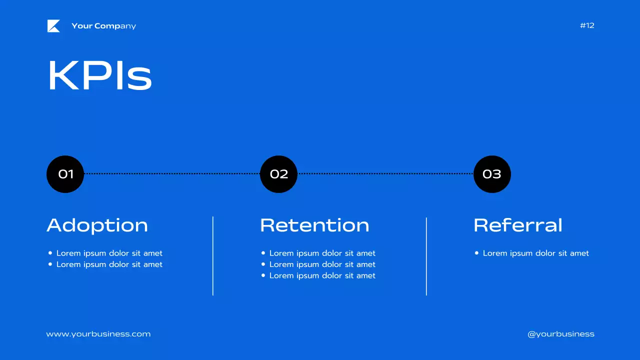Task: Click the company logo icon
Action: click(53, 26)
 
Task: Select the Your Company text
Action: click(103, 26)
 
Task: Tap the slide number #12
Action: click(587, 25)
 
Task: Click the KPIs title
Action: click(99, 76)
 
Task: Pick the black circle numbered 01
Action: click(65, 174)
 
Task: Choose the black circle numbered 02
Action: click(278, 174)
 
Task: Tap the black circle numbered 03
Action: click(492, 174)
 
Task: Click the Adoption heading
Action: click(97, 225)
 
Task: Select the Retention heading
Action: click(314, 225)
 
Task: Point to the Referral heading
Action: click(518, 225)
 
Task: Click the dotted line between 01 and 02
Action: click(172, 173)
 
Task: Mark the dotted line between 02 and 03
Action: click(385, 173)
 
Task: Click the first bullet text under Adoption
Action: click(109, 253)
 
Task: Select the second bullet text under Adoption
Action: click(109, 264)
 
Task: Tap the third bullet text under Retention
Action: click(322, 275)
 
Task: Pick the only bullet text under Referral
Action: click(535, 253)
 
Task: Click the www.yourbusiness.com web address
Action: click(98, 334)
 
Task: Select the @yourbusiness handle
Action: click(561, 334)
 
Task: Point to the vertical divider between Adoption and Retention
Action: click(213, 256)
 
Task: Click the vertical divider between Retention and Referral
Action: click(426, 256)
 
